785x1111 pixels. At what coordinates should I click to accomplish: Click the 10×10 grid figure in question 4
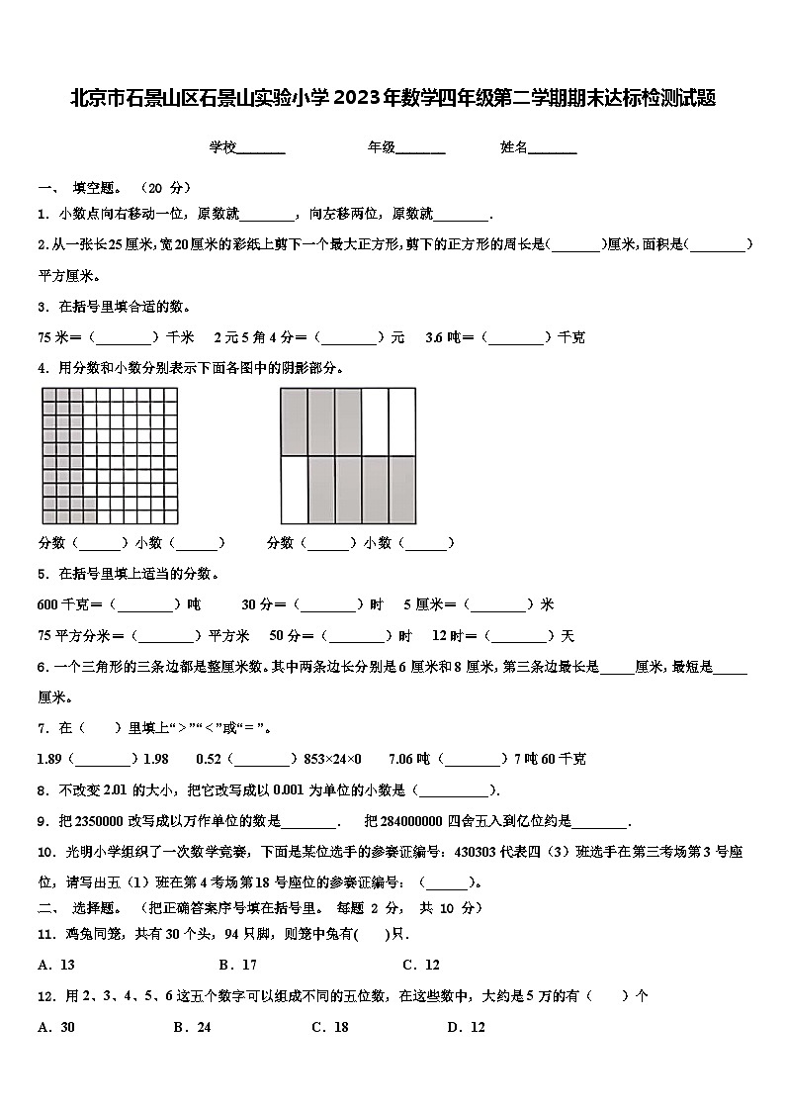click(x=110, y=456)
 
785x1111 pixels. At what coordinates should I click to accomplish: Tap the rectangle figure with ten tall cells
click(x=348, y=456)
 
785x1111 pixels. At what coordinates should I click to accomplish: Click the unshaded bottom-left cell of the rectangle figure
click(x=295, y=490)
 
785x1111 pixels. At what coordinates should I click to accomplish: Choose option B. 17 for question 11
click(x=238, y=965)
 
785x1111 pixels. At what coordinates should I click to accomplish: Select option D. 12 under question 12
click(x=467, y=1027)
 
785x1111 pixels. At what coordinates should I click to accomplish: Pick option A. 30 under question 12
click(x=56, y=1027)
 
